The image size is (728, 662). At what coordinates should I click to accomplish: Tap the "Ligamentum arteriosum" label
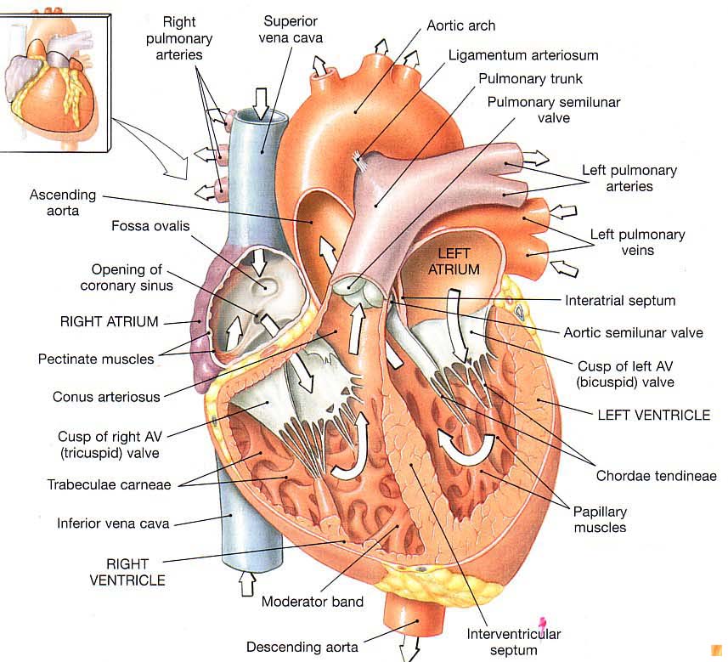523,55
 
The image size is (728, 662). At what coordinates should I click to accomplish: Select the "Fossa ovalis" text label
150,225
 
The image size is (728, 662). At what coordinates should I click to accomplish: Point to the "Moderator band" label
313,602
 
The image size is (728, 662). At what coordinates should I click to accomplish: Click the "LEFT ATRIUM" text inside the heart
459,262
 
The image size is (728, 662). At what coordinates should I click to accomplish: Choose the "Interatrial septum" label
620,300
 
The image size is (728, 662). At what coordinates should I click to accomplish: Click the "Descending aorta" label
302,647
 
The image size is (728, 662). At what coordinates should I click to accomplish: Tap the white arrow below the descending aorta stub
410,650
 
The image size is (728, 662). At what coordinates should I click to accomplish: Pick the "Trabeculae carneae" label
109,484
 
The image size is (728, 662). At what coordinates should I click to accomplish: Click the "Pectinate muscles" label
96,359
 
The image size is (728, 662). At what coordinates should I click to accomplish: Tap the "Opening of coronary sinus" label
127,277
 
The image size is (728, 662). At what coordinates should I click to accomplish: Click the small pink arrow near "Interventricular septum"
539,626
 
